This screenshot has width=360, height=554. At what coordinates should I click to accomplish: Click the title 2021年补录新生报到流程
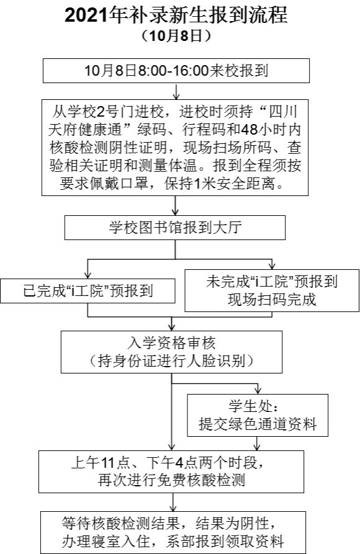[x=176, y=16]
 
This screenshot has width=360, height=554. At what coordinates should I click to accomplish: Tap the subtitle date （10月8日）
[x=176, y=37]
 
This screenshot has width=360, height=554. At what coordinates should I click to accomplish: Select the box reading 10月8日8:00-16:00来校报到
[x=176, y=71]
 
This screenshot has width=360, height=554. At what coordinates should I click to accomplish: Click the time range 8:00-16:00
[x=173, y=71]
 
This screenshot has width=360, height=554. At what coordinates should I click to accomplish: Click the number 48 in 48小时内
[x=250, y=130]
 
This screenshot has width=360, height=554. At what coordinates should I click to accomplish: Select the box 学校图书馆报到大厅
[x=174, y=228]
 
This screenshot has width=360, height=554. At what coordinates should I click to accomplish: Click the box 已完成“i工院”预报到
[x=88, y=291]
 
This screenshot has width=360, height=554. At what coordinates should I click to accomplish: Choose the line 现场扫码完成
[x=272, y=300]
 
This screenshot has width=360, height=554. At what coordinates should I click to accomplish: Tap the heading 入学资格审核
[x=171, y=343]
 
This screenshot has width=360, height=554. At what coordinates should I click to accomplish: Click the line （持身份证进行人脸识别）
[x=171, y=361]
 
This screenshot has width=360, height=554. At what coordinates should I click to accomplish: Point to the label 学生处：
[x=253, y=406]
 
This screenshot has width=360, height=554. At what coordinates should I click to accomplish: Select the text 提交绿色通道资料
[x=258, y=424]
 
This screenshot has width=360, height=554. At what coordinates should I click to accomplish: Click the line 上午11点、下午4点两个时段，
[x=167, y=462]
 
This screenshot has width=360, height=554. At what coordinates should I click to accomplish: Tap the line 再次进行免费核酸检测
[x=171, y=480]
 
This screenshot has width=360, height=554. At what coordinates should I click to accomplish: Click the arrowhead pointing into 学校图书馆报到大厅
[x=175, y=212]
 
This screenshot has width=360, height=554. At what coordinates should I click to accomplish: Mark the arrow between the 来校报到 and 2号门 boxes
[x=176, y=91]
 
